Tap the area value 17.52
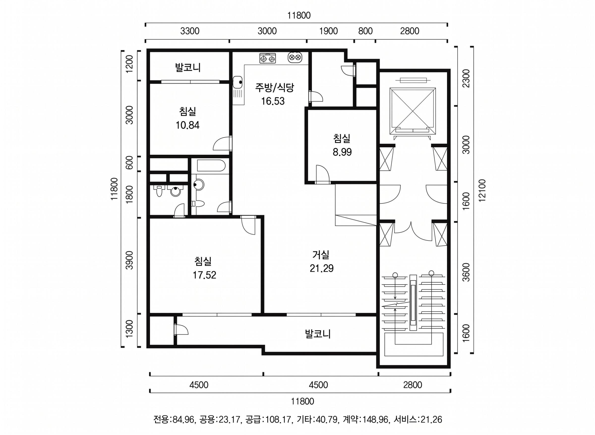[204, 275]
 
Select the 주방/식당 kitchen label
[274, 87]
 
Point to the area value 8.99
[342, 152]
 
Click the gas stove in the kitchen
[268, 58]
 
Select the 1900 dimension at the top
[328, 31]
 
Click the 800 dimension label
[365, 31]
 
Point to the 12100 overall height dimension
[482, 191]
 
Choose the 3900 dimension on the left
[130, 260]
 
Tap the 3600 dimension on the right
[466, 272]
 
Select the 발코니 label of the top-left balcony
[188, 67]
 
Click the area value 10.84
[188, 125]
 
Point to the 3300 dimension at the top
[190, 31]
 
